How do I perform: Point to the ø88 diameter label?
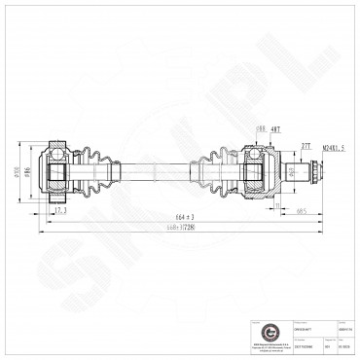pos(261,127)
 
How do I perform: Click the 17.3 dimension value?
pos(60,209)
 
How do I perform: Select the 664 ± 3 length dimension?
pos(186,216)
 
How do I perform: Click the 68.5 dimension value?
pos(303,209)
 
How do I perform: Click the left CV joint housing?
pos(57,173)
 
